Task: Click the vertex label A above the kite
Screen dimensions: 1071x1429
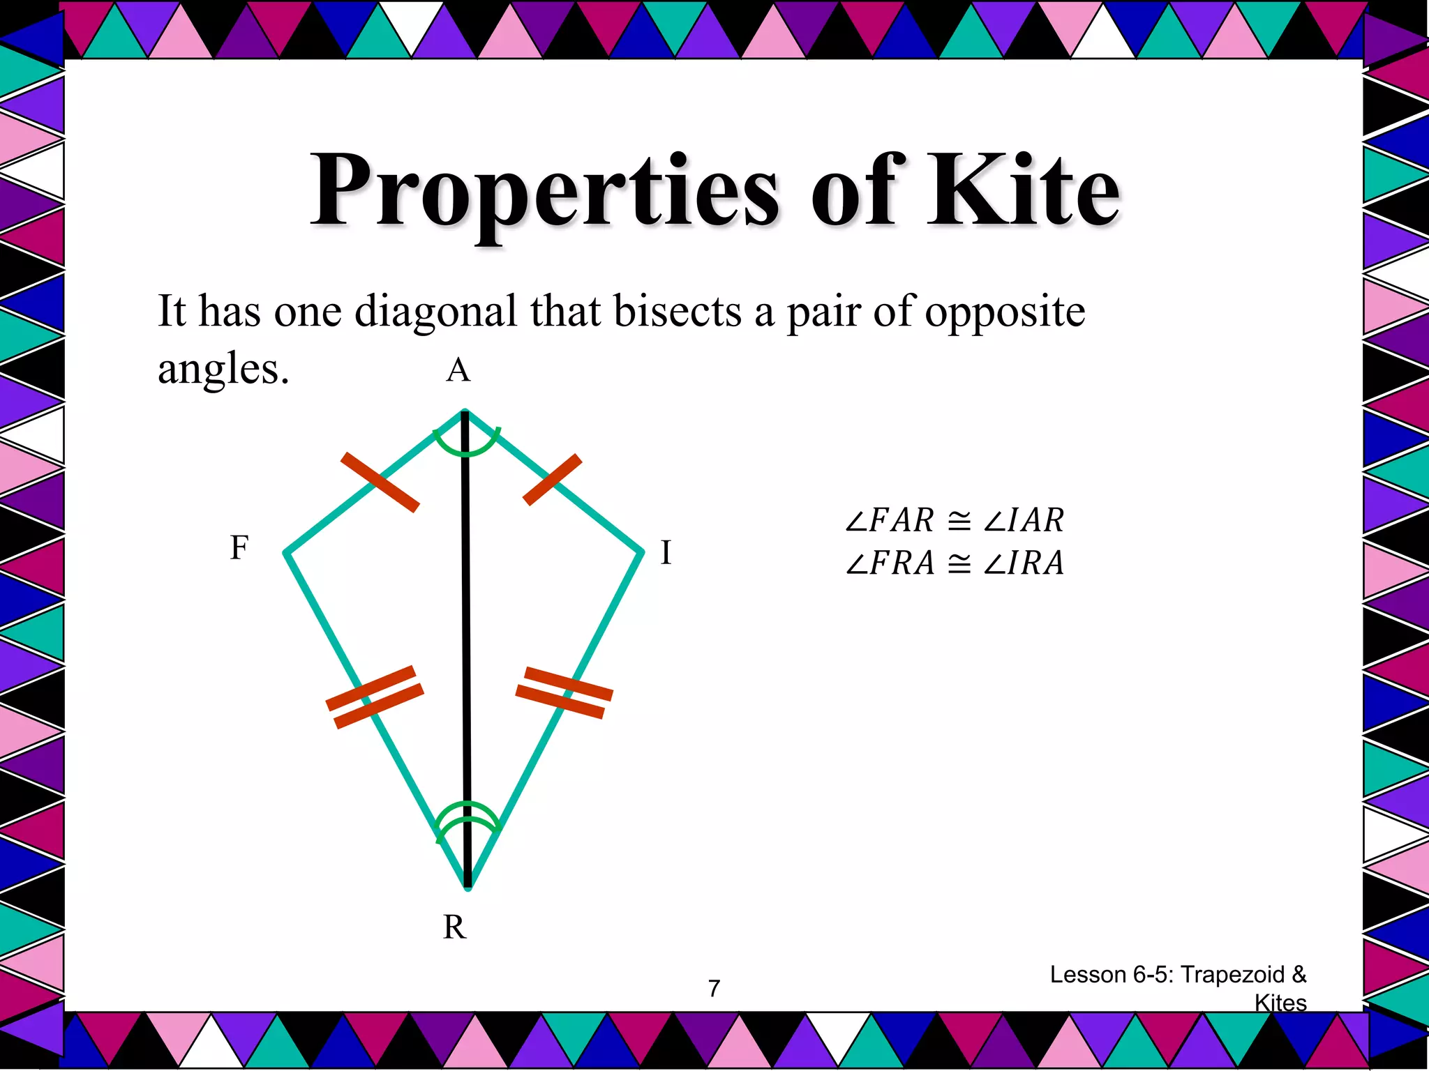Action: (x=458, y=370)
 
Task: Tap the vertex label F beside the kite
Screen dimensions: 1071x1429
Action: (x=239, y=548)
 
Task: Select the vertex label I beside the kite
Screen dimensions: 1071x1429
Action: (x=666, y=553)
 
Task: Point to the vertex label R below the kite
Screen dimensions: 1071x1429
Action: (x=454, y=927)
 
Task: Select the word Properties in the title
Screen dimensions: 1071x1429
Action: (x=544, y=192)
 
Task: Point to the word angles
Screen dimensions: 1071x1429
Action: (x=223, y=370)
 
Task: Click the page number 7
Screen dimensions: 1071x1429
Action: (x=714, y=989)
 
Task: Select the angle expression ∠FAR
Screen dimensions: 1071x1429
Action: (x=889, y=520)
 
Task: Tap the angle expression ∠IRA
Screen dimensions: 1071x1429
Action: (x=1024, y=563)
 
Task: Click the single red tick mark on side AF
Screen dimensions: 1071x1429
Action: (x=380, y=482)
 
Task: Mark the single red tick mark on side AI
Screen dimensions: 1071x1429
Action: (x=552, y=479)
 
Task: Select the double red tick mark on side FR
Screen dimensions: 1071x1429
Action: (x=375, y=697)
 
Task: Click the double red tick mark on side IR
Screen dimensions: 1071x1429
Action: (x=564, y=692)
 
